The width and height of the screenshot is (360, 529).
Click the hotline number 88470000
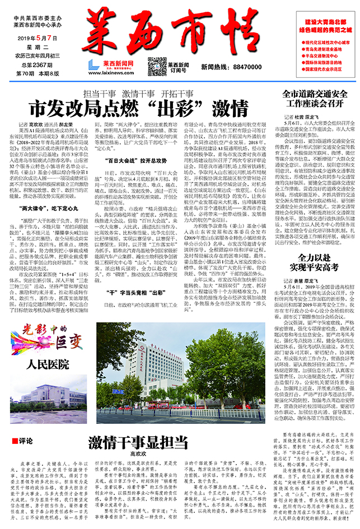pyautogui.click(x=233, y=66)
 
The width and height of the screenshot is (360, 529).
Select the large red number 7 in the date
pyautogui.click(x=55, y=38)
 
